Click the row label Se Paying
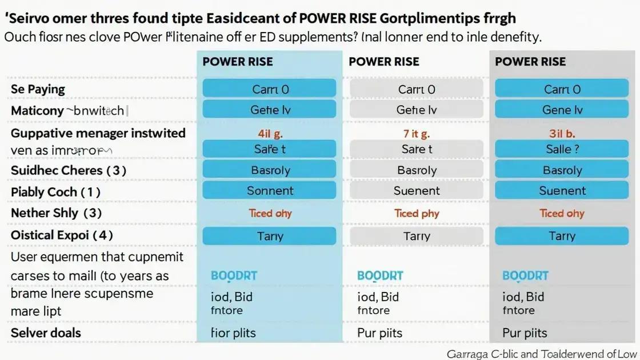pyautogui.click(x=38, y=89)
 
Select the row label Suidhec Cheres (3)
pyautogui.click(x=68, y=170)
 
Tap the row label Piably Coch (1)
pyautogui.click(x=55, y=192)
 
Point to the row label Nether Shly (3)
pyautogui.click(x=56, y=213)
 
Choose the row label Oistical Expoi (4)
pyautogui.click(x=62, y=235)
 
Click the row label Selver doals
pyautogui.click(x=46, y=333)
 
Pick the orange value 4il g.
pyautogui.click(x=270, y=134)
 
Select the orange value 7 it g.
pyautogui.click(x=417, y=134)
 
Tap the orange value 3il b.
pyautogui.click(x=562, y=134)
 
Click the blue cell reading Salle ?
pyautogui.click(x=562, y=149)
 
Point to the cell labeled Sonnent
pyautogui.click(x=270, y=191)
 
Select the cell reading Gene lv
pyautogui.click(x=562, y=110)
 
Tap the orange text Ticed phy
pyautogui.click(x=417, y=213)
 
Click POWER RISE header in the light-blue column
pyautogui.click(x=238, y=62)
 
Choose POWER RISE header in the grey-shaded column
pyautogui.click(x=530, y=62)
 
